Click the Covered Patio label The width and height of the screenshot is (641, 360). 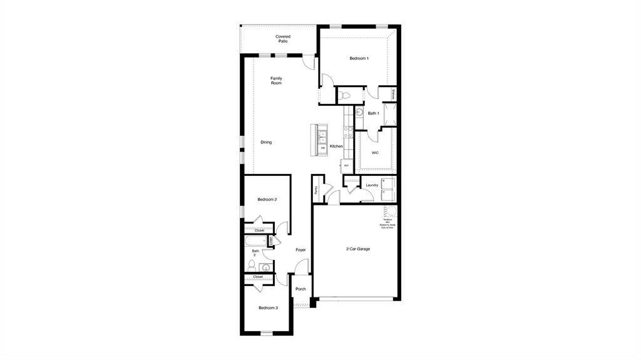283,39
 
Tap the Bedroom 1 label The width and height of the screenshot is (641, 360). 359,58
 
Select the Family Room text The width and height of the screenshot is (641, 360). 276,81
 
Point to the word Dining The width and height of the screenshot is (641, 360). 266,142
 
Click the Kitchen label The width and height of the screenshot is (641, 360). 336,147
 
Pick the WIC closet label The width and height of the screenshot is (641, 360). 375,152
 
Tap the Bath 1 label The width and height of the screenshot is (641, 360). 373,113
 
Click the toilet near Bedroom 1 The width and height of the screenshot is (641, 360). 346,96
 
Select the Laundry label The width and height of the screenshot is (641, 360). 372,185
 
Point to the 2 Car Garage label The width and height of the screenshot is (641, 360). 358,249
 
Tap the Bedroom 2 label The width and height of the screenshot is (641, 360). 267,200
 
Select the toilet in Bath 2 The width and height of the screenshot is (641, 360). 252,265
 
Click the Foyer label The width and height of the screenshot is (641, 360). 300,250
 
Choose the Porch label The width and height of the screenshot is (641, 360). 300,289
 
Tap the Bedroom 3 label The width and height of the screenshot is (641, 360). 268,308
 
